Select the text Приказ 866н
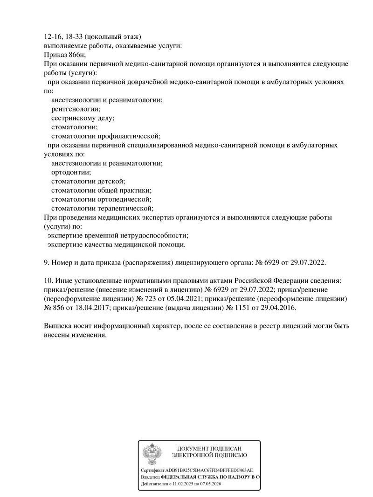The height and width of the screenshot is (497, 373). pos(61,55)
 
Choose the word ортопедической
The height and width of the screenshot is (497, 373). pos(124,199)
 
